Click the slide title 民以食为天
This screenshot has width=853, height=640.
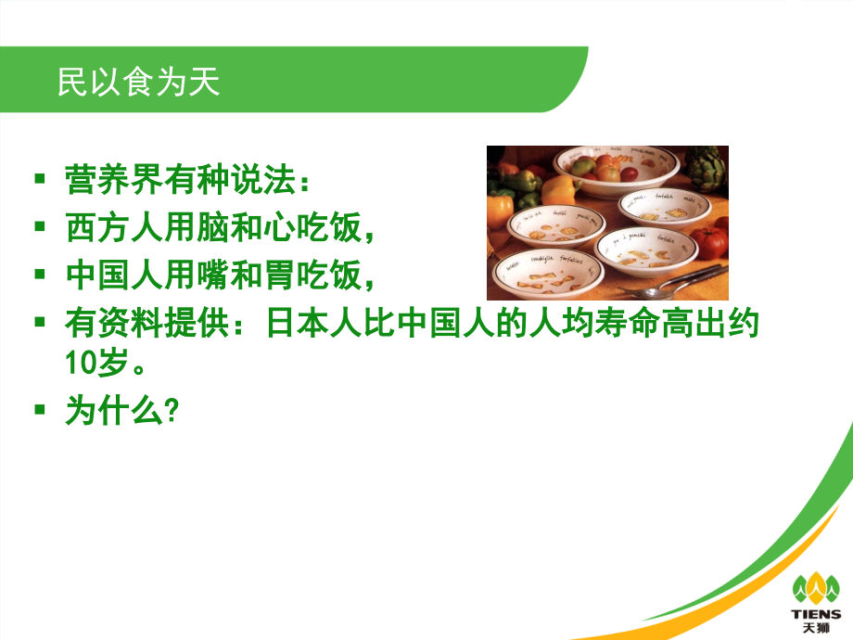tap(138, 83)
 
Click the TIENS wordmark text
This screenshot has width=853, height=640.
tap(815, 613)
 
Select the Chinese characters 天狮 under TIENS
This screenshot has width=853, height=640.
tap(815, 628)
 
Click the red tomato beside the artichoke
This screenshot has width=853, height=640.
tap(713, 241)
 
